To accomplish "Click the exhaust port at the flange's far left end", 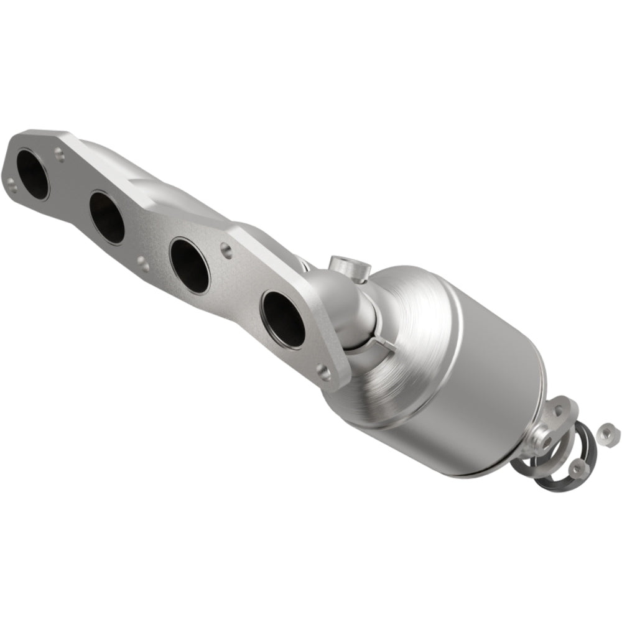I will [x=32, y=174].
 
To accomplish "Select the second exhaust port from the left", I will [x=106, y=217].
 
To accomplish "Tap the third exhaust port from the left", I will [x=190, y=265].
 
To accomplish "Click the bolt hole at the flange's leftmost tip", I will [x=12, y=182].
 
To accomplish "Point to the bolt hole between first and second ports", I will [x=59, y=151].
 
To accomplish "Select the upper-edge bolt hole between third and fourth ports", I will [x=226, y=251].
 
